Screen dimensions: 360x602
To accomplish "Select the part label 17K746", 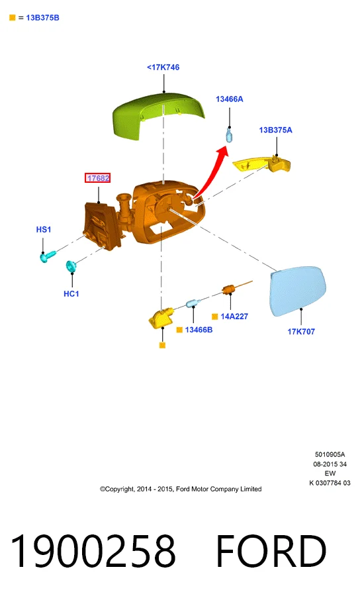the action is click(x=163, y=67).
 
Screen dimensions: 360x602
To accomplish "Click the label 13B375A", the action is click(x=275, y=130).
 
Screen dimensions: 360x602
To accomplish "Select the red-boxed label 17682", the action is click(x=98, y=177).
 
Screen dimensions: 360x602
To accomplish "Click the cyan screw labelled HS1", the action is click(x=48, y=256).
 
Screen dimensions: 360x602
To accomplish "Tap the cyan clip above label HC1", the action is click(x=71, y=266).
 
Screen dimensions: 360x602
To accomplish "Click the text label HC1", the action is click(x=71, y=293).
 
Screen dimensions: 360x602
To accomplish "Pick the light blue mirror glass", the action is click(x=298, y=291).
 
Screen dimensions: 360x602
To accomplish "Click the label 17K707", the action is click(x=301, y=332).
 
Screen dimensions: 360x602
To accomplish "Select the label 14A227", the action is click(x=234, y=317).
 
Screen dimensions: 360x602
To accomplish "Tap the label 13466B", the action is click(x=199, y=330).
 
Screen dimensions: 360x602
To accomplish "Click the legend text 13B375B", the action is click(x=42, y=18).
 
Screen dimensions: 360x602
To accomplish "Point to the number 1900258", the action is click(x=93, y=550).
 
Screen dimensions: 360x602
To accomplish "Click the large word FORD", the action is click(x=271, y=550).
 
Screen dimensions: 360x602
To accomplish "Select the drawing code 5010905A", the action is click(x=330, y=454).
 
